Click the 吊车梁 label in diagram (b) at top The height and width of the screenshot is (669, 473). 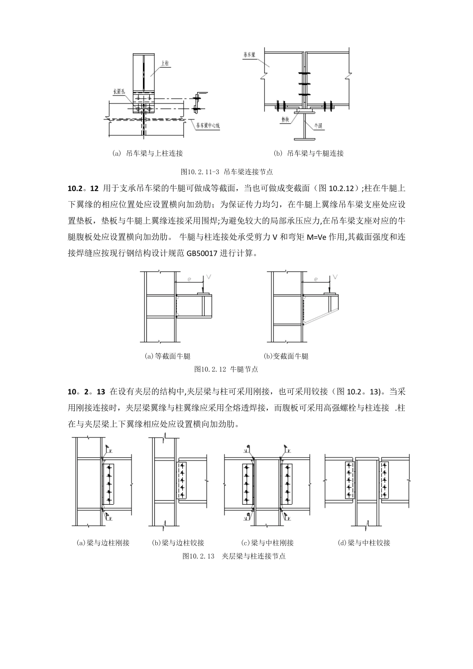coord(249,55)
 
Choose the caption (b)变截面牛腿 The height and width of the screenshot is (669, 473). coord(286,356)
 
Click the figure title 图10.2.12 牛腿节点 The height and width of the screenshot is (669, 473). coord(226,369)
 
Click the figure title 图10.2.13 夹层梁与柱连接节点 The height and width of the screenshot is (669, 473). coord(234,556)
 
